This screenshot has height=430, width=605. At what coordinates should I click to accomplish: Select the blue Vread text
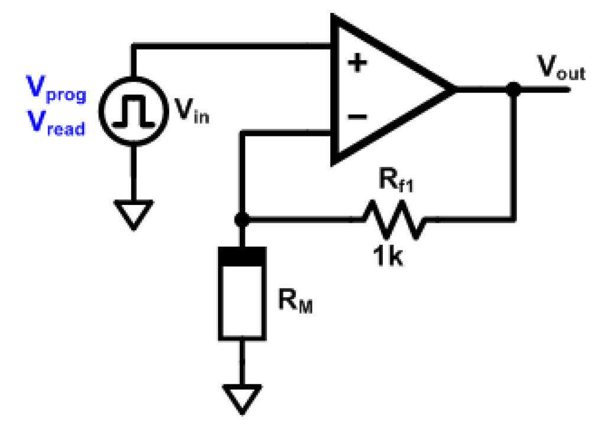(x=58, y=125)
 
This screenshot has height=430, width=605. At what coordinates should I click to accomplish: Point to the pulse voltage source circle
(x=135, y=111)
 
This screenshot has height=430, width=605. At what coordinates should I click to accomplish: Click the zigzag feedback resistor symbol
(x=394, y=220)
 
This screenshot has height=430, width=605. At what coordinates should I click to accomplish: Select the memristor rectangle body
(x=242, y=301)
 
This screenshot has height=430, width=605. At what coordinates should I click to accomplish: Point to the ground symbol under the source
(x=135, y=213)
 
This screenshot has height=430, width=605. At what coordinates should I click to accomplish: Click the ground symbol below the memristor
(x=242, y=396)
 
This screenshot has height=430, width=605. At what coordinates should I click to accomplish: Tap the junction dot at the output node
(x=515, y=90)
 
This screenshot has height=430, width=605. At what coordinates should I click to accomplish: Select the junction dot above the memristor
(x=241, y=220)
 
